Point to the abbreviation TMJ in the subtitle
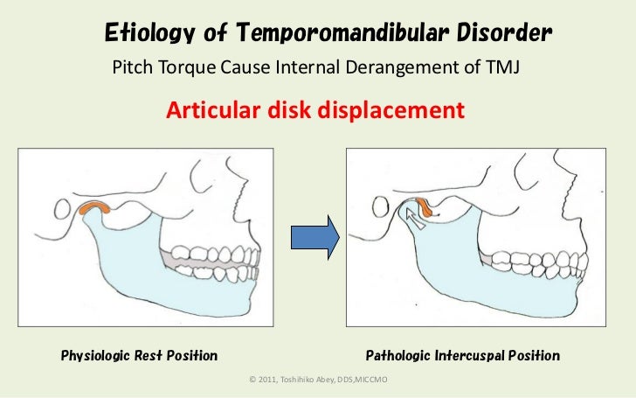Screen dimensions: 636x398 501,67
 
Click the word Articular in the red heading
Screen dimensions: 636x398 212,111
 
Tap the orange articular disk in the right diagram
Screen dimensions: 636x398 424,208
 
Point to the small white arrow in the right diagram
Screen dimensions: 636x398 415,220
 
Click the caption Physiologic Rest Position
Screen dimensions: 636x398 139,356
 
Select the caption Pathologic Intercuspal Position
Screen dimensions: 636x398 462,356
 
